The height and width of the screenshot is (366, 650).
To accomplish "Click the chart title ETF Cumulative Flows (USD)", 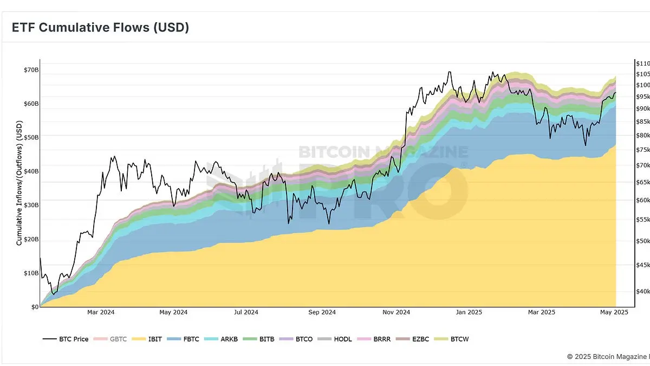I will pos(100,27).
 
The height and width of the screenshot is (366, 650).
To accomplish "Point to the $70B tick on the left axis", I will pos(31,70).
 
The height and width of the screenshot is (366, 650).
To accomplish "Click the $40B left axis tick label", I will pos(31,171).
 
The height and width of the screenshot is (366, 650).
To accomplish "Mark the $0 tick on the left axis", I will pos(34,307).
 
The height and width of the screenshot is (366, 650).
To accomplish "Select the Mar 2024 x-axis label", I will pos(101,312).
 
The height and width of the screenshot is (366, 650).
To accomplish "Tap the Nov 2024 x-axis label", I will pos(396,312).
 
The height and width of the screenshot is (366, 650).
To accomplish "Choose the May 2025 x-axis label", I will pos(614,312).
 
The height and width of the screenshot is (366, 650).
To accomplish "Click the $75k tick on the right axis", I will pos(642,150).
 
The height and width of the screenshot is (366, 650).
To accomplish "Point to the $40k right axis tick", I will pos(642,292).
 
